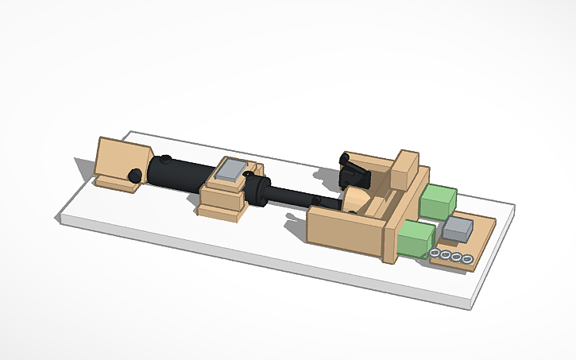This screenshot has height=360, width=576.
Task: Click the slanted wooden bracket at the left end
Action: click(121, 161)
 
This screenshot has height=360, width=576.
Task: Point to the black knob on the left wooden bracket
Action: click(136, 175)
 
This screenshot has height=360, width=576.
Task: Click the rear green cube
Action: click(438, 201)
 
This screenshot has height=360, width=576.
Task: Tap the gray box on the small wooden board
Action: click(458, 230)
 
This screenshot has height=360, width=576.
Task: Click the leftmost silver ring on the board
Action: click(435, 254)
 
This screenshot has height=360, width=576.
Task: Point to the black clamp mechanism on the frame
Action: click(352, 168)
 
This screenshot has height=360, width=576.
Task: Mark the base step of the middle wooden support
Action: click(220, 211)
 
